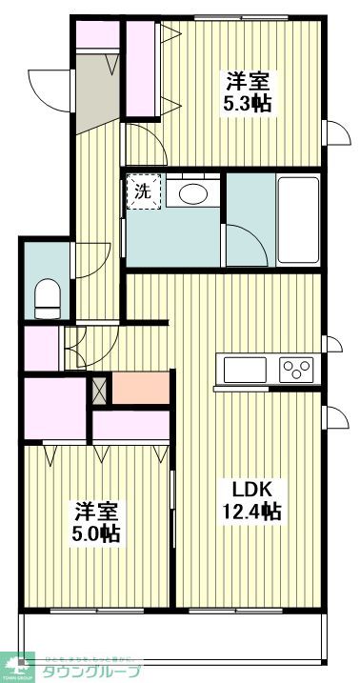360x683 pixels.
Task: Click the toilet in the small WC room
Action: pyautogui.click(x=46, y=297)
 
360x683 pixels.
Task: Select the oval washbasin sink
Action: pyautogui.click(x=193, y=192)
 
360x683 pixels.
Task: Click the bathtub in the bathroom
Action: pyautogui.click(x=297, y=218)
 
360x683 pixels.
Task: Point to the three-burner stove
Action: pyautogui.click(x=297, y=369)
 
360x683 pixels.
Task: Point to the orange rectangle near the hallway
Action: pyautogui.click(x=138, y=387)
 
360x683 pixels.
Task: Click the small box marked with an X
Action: pyautogui.click(x=98, y=387)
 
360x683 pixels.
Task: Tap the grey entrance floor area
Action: pyautogui.click(x=93, y=93)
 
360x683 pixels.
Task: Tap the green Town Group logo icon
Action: pyautogui.click(x=19, y=665)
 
